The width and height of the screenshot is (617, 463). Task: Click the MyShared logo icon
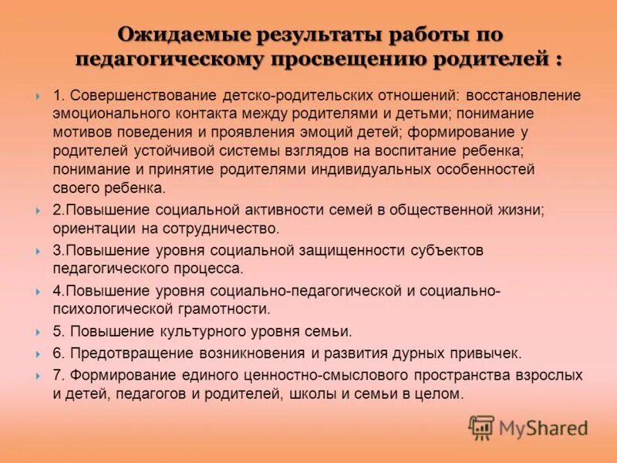pos(481,427)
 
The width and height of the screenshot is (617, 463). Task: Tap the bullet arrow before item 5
pos(38,333)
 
